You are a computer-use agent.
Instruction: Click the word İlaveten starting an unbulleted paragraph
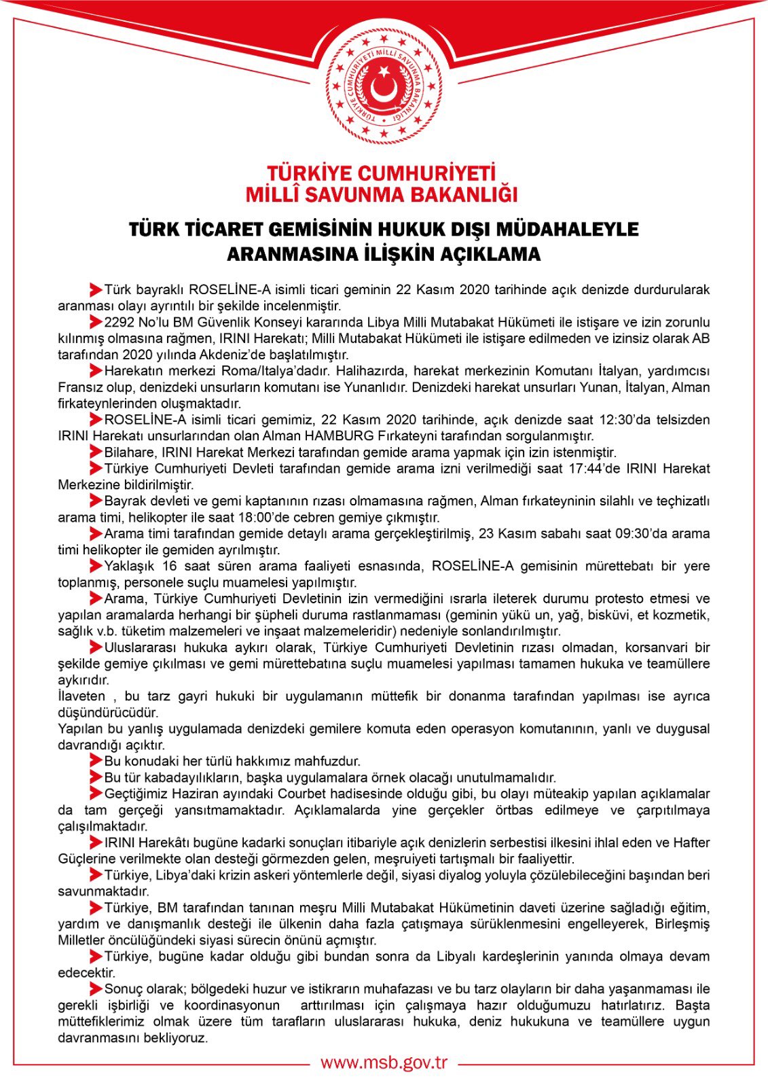coord(81,696)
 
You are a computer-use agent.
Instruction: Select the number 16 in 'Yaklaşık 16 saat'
coord(170,567)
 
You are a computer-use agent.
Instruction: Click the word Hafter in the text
coord(691,843)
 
